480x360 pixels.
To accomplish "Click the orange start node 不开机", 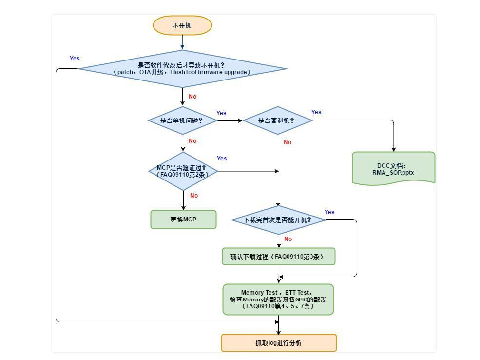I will [182, 25].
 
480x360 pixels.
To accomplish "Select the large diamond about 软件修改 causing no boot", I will [182, 69].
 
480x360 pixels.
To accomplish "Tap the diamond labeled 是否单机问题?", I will [182, 120].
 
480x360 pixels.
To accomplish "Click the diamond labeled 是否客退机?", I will [277, 120].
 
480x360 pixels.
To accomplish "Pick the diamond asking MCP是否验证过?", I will [183, 171].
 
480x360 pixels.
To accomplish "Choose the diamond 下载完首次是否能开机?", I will [278, 220].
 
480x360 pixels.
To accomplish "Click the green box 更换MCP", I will [183, 220].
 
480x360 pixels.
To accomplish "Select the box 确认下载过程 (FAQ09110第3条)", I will [279, 257].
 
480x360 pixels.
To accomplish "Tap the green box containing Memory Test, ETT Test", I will [278, 300].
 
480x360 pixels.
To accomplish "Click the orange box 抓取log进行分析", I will [279, 343].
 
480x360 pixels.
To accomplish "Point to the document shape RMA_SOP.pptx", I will [393, 169].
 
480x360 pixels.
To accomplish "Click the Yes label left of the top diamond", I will [75, 59].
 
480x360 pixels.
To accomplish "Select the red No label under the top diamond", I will [192, 97].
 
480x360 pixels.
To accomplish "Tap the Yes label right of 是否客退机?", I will [316, 112].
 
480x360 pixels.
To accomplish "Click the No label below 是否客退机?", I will [288, 142].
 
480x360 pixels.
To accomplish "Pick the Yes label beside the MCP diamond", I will [222, 159].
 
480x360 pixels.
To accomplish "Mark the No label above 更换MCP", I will [194, 196].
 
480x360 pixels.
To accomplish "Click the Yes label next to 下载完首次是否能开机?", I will [329, 212].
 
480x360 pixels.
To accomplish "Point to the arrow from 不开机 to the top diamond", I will [182, 42].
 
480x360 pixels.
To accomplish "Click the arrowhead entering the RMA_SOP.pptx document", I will [393, 149].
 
